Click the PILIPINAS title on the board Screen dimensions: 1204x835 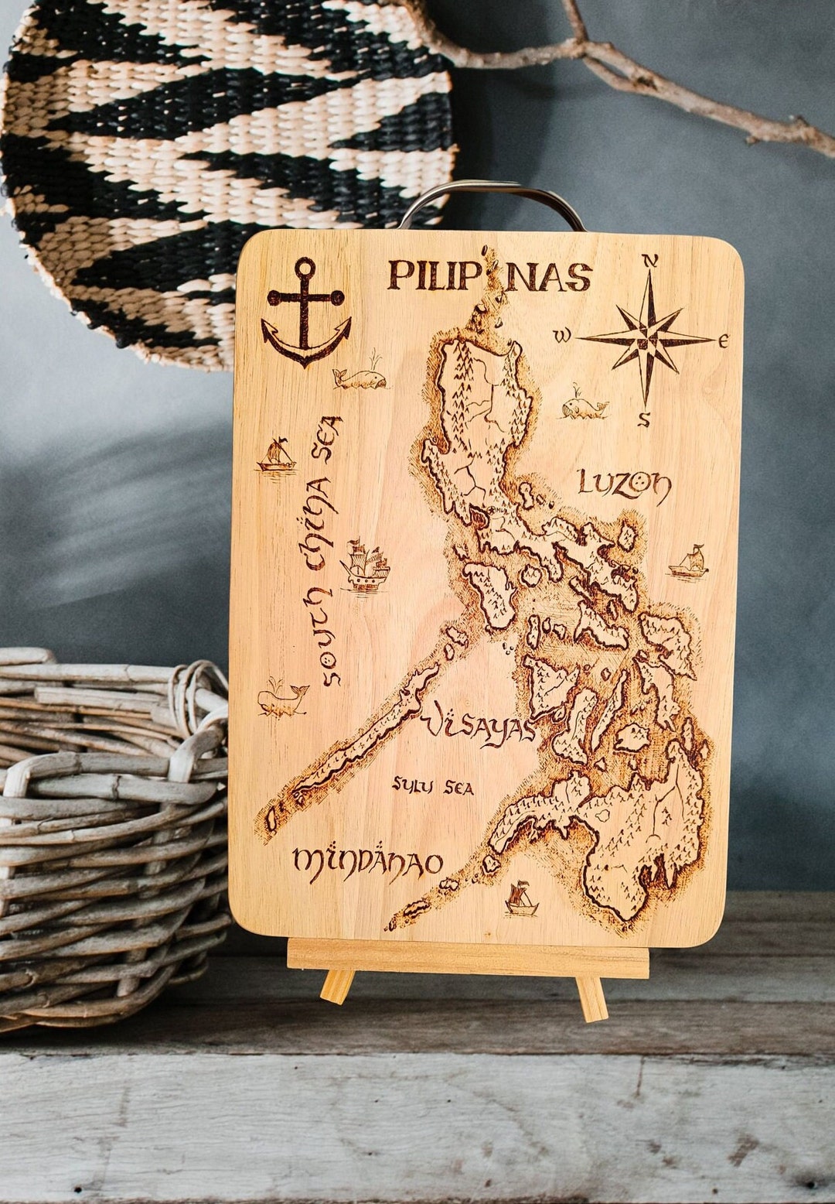(489, 275)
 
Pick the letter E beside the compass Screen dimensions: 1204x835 (724, 340)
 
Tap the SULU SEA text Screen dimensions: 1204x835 (432, 787)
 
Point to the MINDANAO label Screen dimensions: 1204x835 (368, 860)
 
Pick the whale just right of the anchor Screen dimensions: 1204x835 (360, 378)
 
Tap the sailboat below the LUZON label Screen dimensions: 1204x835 (689, 562)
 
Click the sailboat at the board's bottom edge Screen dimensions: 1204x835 (521, 900)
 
